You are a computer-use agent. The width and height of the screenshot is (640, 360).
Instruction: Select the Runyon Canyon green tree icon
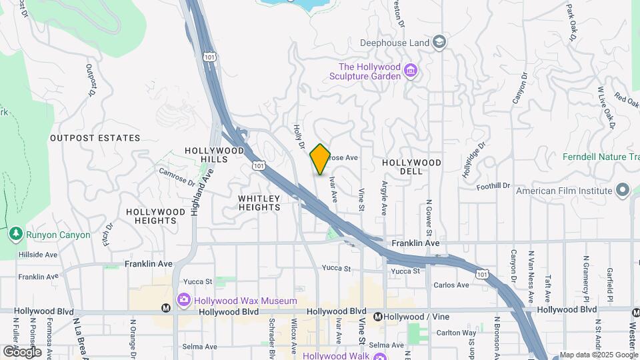tap(15, 235)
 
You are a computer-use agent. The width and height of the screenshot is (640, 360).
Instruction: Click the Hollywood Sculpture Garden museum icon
tap(411, 71)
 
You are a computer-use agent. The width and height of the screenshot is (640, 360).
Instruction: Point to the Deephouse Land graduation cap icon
tap(439, 43)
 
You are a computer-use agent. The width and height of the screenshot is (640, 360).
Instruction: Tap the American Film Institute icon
tap(623, 191)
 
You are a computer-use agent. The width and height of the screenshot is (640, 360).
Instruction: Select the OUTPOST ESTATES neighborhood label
tap(95, 138)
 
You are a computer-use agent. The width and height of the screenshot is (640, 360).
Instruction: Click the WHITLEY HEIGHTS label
tap(259, 203)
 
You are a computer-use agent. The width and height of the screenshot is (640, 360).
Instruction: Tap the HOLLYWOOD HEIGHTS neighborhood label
tap(155, 216)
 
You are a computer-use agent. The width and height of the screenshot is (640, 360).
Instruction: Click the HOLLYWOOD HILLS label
tap(215, 155)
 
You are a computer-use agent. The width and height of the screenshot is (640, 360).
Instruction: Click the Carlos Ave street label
tap(451, 285)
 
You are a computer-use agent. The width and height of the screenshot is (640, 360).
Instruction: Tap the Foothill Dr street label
tap(493, 186)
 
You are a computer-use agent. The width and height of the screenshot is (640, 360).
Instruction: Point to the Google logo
tap(22, 352)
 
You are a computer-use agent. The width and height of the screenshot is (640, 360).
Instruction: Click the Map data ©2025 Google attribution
tap(599, 355)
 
